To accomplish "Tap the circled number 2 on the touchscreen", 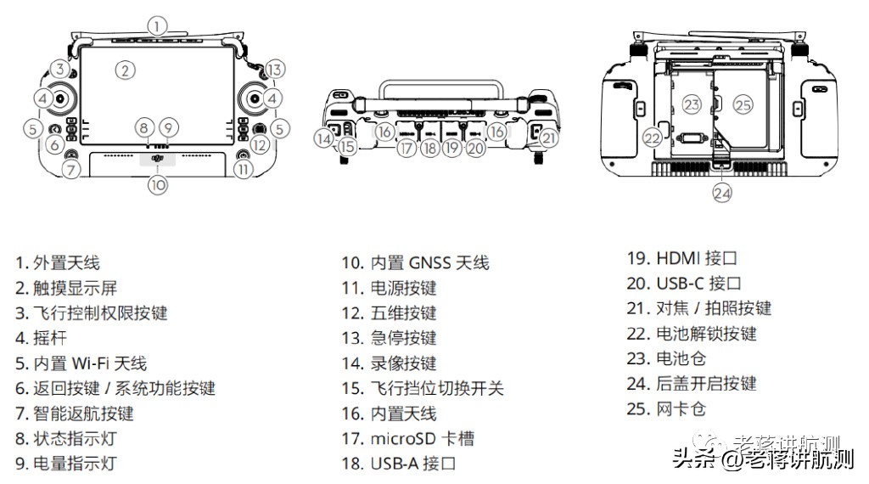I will coord(126,70).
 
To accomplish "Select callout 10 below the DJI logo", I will coord(158,183).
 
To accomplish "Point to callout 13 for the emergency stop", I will coord(273,70).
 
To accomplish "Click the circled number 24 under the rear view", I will coord(722,193).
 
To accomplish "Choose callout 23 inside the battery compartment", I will coord(692,104).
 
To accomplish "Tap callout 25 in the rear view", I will coord(743,104).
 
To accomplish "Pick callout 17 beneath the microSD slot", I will coord(407,148).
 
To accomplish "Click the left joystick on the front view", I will coord(62,99).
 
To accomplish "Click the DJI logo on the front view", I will coord(157,157).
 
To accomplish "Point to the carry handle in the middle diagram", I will coord(438,85).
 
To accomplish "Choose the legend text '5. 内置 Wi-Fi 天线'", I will coord(81,363).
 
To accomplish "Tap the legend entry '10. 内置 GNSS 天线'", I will coord(415,263).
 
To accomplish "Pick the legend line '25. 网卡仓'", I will coord(666,409).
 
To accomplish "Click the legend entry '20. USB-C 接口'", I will coord(684,283).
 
